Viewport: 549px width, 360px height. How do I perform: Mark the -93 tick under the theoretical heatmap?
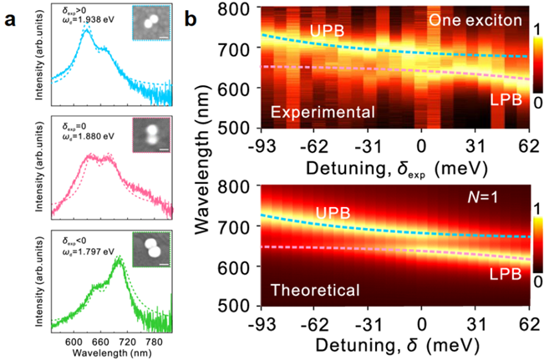click(x=262, y=322)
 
